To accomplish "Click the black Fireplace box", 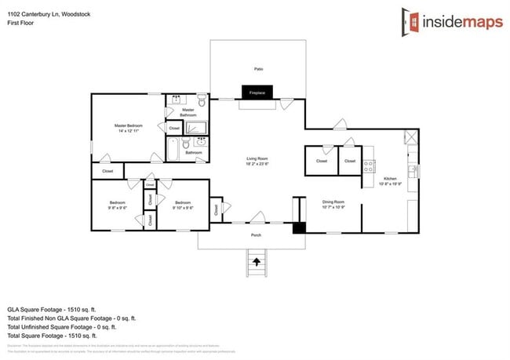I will [x=257, y=93].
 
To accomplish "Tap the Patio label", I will [x=257, y=69].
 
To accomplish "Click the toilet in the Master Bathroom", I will [x=202, y=101].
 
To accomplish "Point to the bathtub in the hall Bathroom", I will [x=174, y=147].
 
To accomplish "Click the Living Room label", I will [x=257, y=160].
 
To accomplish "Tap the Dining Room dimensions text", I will [x=333, y=207].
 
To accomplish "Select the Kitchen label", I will [x=390, y=179].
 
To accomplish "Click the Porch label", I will [x=256, y=235].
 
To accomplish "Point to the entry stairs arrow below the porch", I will [x=256, y=261].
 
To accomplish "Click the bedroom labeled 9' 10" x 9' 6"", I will [x=184, y=205].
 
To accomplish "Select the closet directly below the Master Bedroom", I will [x=107, y=171].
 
